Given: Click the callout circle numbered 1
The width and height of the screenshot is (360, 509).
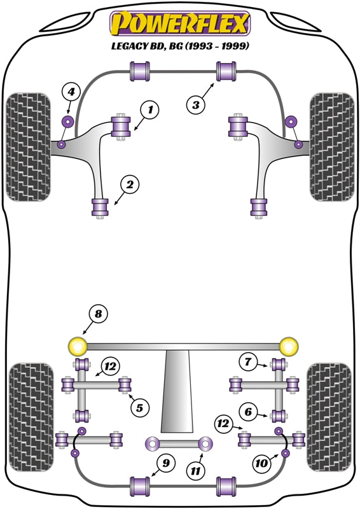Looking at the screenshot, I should (150, 111).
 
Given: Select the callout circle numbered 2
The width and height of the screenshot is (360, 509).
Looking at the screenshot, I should (129, 185).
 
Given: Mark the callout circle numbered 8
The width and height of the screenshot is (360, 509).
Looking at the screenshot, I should (98, 314).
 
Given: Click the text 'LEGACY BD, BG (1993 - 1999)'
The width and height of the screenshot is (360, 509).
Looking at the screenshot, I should (180, 46).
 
